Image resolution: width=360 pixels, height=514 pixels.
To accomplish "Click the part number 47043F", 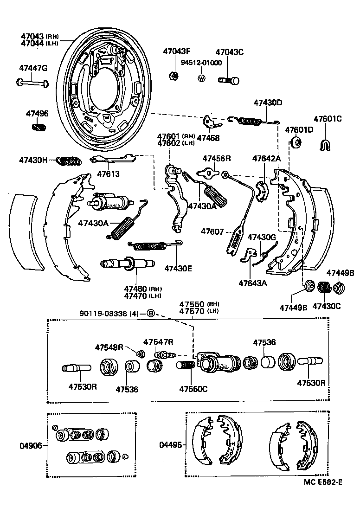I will [x=177, y=52].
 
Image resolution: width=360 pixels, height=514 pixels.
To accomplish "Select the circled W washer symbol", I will [x=201, y=78].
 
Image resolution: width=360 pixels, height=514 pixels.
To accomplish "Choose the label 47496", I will [x=37, y=114].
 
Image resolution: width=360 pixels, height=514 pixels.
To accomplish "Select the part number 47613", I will [x=108, y=174].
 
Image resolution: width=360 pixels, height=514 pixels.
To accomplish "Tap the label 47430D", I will [x=267, y=103].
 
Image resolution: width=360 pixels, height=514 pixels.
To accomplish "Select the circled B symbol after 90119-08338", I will [x=150, y=313].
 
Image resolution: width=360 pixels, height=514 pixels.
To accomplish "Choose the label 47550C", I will [x=193, y=388].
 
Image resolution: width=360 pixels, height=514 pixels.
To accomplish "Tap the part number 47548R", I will [x=109, y=347].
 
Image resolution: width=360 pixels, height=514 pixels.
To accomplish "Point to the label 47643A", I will [x=253, y=283].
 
